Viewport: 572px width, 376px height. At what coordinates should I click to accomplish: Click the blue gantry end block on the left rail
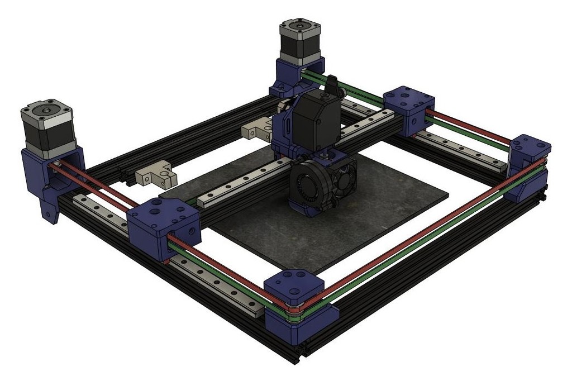pyautogui.click(x=163, y=226)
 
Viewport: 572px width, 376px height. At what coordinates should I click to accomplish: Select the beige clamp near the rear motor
pyautogui.click(x=258, y=130)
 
